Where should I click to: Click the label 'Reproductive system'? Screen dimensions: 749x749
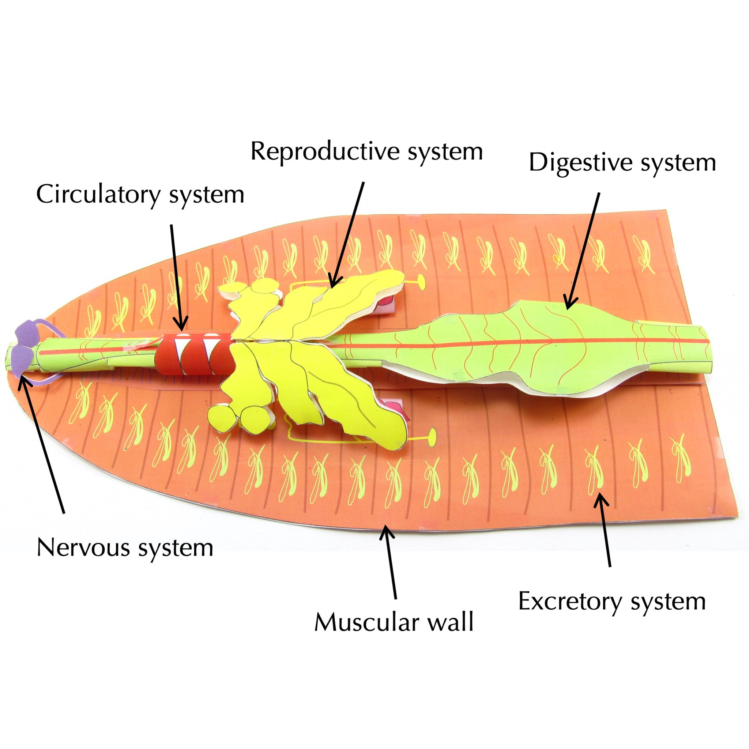(366, 151)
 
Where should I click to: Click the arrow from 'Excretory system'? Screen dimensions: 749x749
(606, 531)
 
